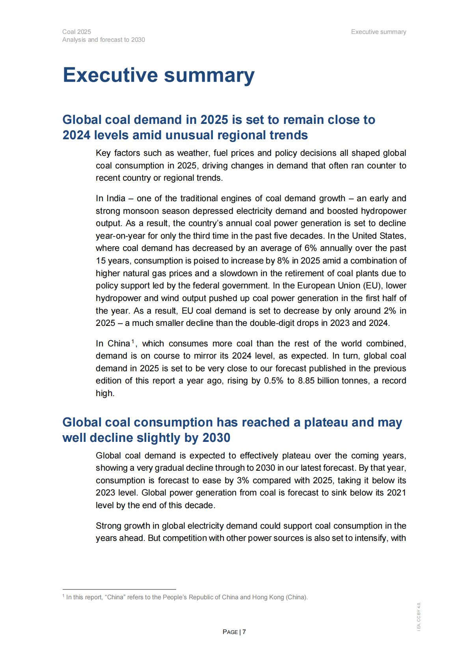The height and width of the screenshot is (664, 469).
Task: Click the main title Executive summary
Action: tap(158, 75)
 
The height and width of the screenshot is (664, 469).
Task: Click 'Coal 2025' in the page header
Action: tap(76, 32)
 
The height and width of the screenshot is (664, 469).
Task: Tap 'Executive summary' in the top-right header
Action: tap(378, 32)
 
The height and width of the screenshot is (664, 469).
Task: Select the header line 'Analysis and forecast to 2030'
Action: tap(103, 40)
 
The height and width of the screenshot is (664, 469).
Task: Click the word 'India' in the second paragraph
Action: tap(116, 198)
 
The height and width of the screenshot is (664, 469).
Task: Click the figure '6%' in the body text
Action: tap(311, 248)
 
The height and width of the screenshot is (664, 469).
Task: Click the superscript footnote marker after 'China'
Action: tap(133, 341)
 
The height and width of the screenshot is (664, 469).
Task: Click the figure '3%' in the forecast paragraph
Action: tap(243, 481)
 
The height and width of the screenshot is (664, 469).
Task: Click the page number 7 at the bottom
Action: tap(244, 632)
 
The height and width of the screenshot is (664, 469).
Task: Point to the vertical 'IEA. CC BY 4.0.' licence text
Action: tap(419, 616)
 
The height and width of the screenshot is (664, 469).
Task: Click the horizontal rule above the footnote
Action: tap(119, 589)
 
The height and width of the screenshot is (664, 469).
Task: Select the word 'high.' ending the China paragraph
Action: tap(105, 393)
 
